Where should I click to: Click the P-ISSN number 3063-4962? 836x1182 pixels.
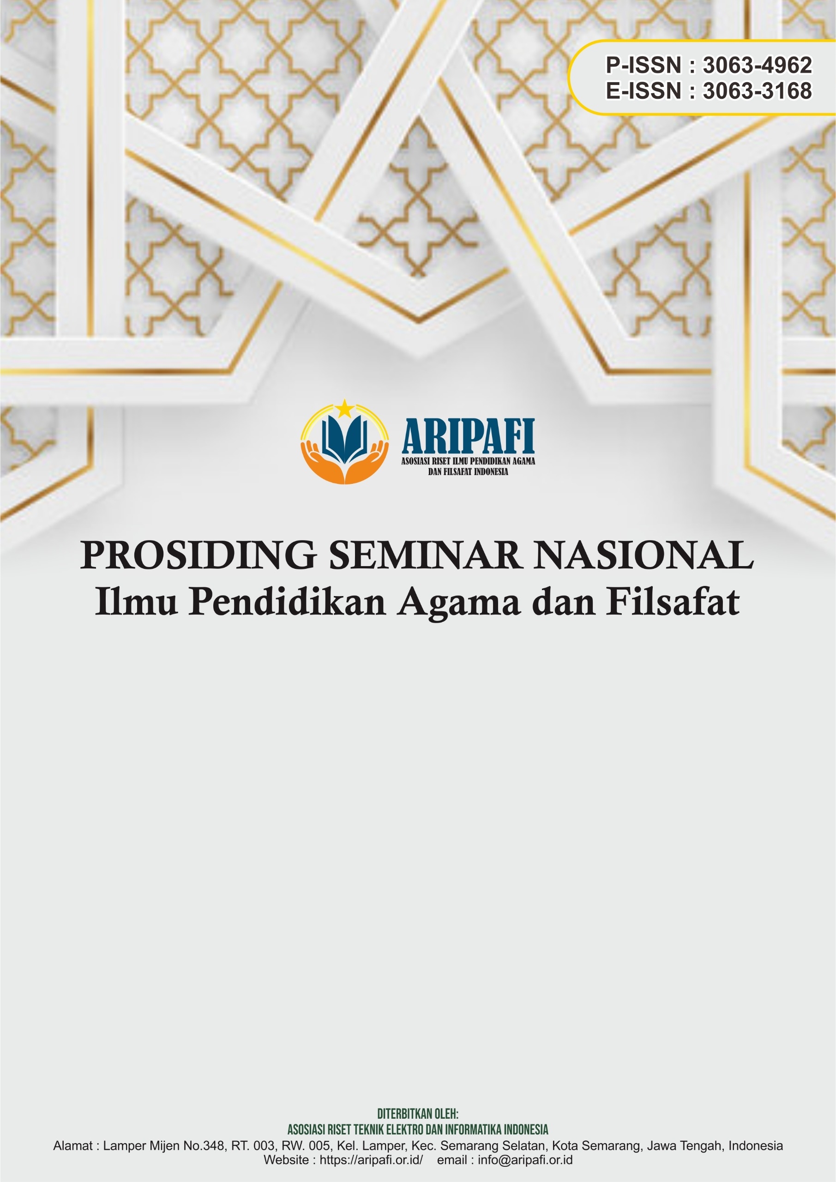(x=757, y=66)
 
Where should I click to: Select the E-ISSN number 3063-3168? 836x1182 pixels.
(x=757, y=90)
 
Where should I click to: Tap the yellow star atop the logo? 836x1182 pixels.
(x=344, y=409)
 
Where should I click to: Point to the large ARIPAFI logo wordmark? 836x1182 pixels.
(x=468, y=436)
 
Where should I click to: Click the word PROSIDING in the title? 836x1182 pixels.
(x=198, y=555)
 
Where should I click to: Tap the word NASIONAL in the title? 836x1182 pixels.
(x=644, y=555)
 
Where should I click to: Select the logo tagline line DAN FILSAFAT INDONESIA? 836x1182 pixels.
(x=468, y=471)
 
